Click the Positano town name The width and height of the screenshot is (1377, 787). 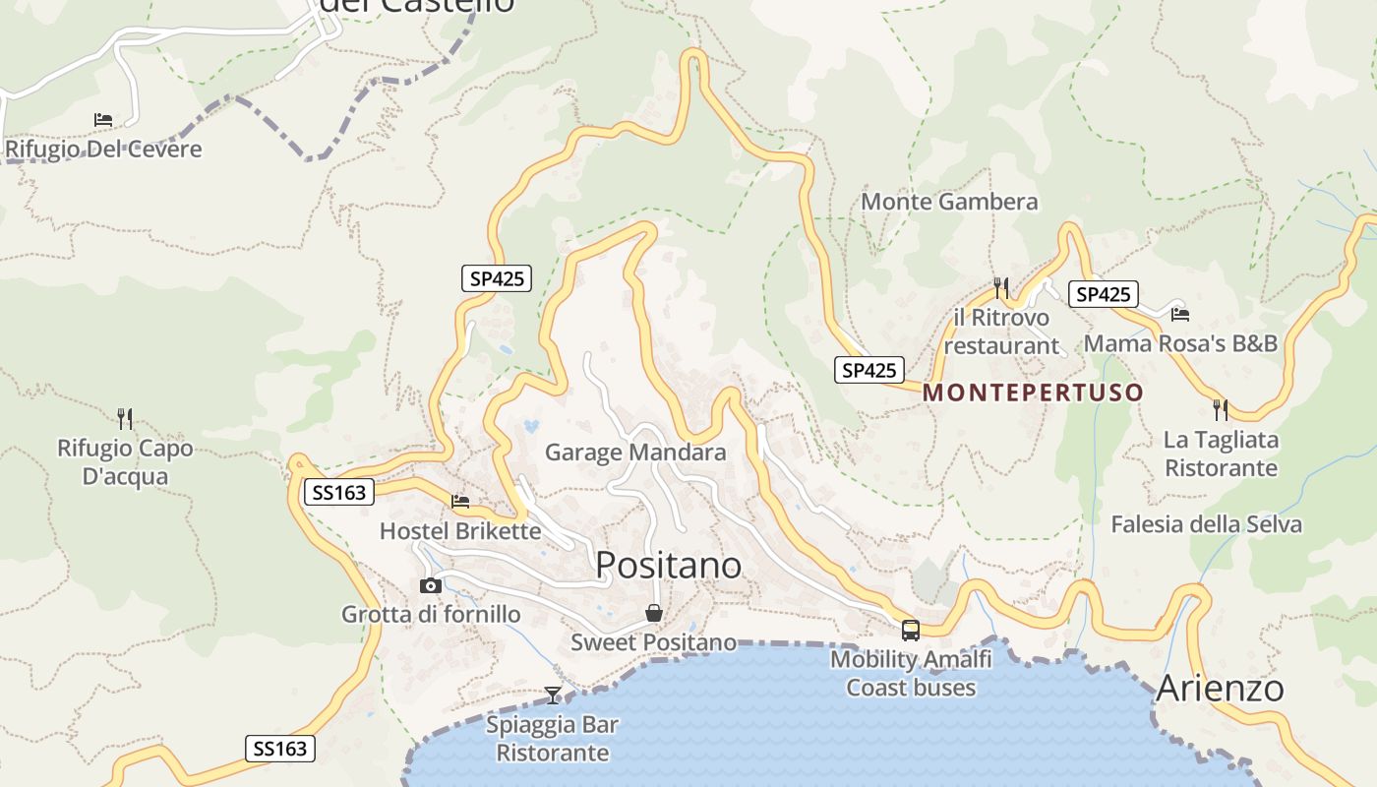(669, 565)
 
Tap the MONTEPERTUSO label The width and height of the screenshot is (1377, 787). (1033, 393)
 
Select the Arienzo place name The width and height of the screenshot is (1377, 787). (1220, 688)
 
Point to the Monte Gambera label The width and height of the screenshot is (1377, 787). (949, 202)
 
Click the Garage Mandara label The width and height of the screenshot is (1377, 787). (635, 453)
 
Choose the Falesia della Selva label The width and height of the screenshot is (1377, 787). (1206, 524)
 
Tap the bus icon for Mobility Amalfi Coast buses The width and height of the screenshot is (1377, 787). (911, 630)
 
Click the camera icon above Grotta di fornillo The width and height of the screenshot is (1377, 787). (430, 585)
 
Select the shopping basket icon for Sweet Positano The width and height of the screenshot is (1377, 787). (654, 613)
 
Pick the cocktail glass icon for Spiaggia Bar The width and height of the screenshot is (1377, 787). (553, 695)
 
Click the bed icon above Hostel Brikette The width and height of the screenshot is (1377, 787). (460, 502)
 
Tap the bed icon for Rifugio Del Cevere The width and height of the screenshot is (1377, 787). (103, 120)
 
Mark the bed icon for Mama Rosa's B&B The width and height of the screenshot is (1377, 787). (1180, 314)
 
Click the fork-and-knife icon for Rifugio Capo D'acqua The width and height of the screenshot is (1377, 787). (125, 419)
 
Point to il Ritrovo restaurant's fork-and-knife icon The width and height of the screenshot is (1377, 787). (1001, 288)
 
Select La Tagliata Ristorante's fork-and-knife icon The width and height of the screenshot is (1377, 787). (1221, 409)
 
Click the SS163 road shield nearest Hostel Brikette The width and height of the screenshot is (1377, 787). (339, 492)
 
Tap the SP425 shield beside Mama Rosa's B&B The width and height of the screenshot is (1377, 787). (1103, 293)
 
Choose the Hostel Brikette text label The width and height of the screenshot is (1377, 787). (460, 531)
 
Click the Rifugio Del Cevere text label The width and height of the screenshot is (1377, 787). (103, 150)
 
